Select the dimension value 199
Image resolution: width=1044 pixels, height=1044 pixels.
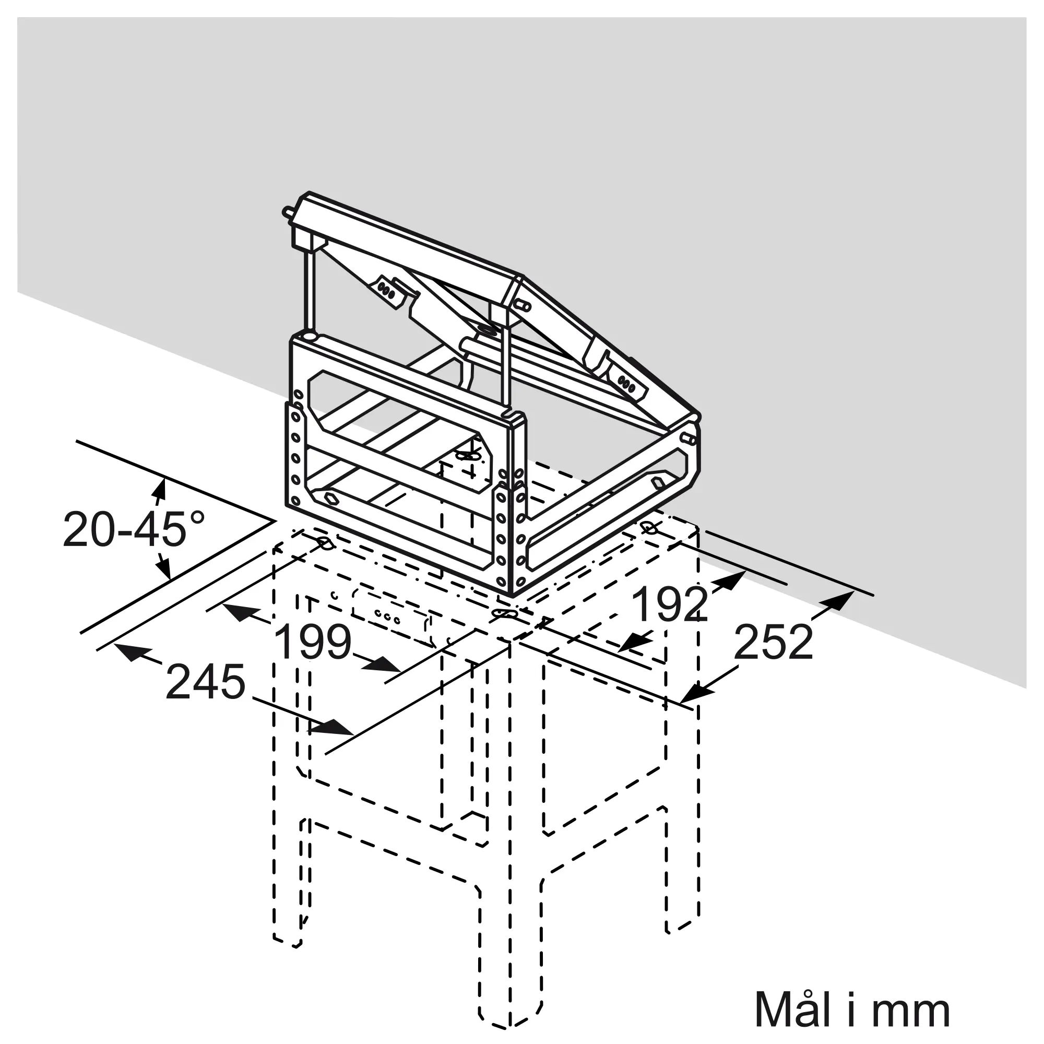point(314,643)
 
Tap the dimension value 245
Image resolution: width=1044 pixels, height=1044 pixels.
point(205,682)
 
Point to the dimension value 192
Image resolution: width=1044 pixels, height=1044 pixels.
point(670,603)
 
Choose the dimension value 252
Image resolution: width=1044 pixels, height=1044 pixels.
point(774,643)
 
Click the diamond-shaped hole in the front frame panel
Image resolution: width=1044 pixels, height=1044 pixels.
point(328,495)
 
